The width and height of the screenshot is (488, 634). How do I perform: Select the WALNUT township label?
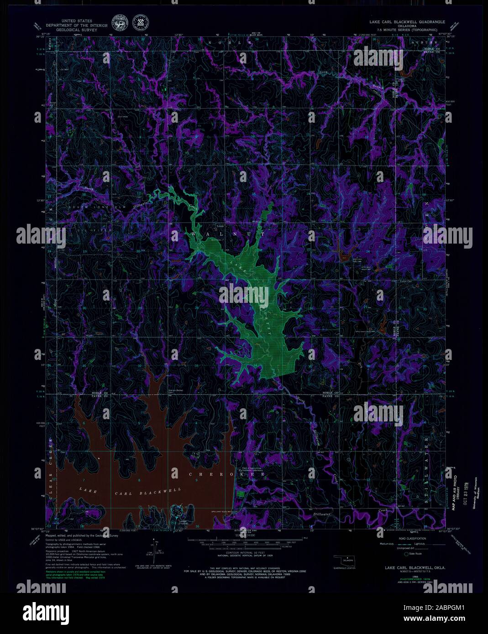point(219,234)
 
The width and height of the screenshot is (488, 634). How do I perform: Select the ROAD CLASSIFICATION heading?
point(408,538)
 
